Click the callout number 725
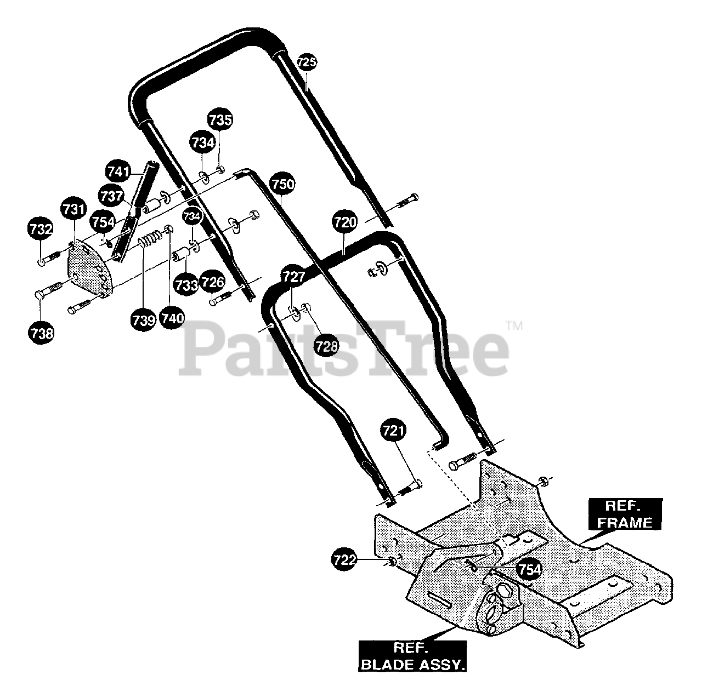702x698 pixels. coord(307,62)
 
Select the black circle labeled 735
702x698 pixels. coord(220,120)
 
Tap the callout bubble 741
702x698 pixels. coord(118,171)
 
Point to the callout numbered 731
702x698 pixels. coord(74,210)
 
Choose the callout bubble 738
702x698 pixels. coord(41,333)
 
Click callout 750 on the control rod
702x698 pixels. coord(282,185)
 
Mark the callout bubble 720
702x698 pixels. coord(344,222)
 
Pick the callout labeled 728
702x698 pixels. coord(326,346)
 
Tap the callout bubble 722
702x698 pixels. coord(344,559)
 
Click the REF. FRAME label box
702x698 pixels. coord(625,514)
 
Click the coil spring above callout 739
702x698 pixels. coord(150,238)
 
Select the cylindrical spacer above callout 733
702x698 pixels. coord(182,254)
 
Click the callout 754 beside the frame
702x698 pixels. coord(530,570)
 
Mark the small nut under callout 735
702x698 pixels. coord(220,170)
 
